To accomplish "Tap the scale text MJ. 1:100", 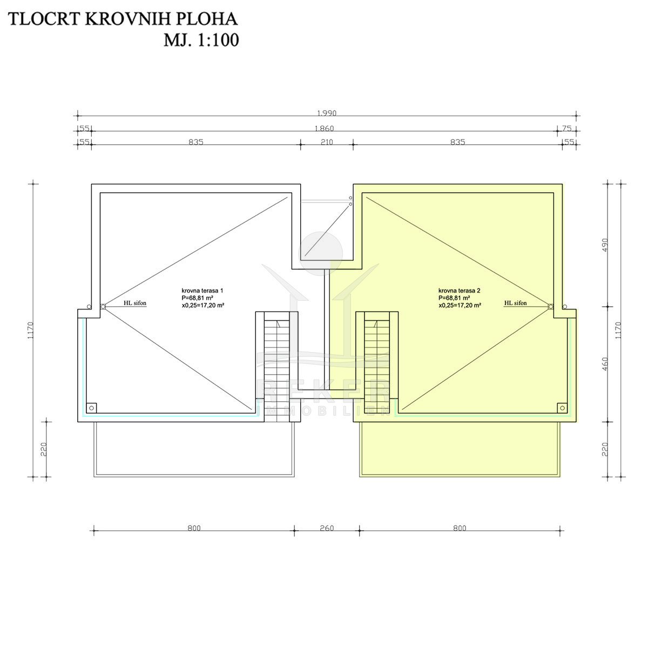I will pos(201,40).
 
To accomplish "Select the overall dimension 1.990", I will pos(327,113).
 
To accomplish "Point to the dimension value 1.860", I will pos(324,129).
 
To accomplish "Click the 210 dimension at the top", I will pos(327,143).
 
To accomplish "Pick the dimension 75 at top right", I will pos(566,129).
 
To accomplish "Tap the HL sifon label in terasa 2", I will pos(515,303).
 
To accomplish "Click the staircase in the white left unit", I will pos(276,356).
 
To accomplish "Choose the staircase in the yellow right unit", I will pos(377,359).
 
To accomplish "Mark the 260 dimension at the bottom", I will pos(327,528).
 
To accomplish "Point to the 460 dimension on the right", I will pos(605,363).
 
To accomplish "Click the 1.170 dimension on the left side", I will pos(30,329).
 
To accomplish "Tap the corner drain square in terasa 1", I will pos(92,407).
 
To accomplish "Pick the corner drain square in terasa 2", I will pos(562,407).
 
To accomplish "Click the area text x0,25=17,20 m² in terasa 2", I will pos(460,305).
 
